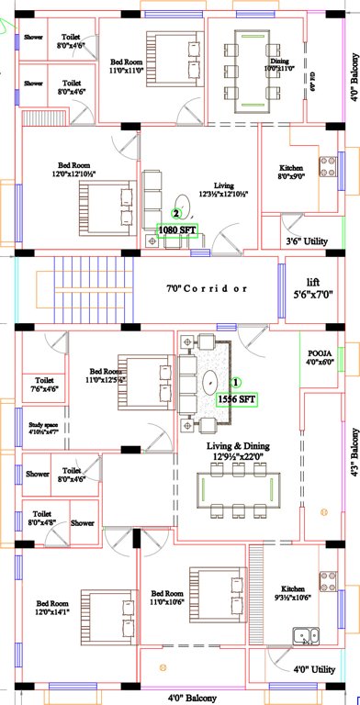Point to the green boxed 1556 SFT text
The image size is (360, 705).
tap(236, 399)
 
